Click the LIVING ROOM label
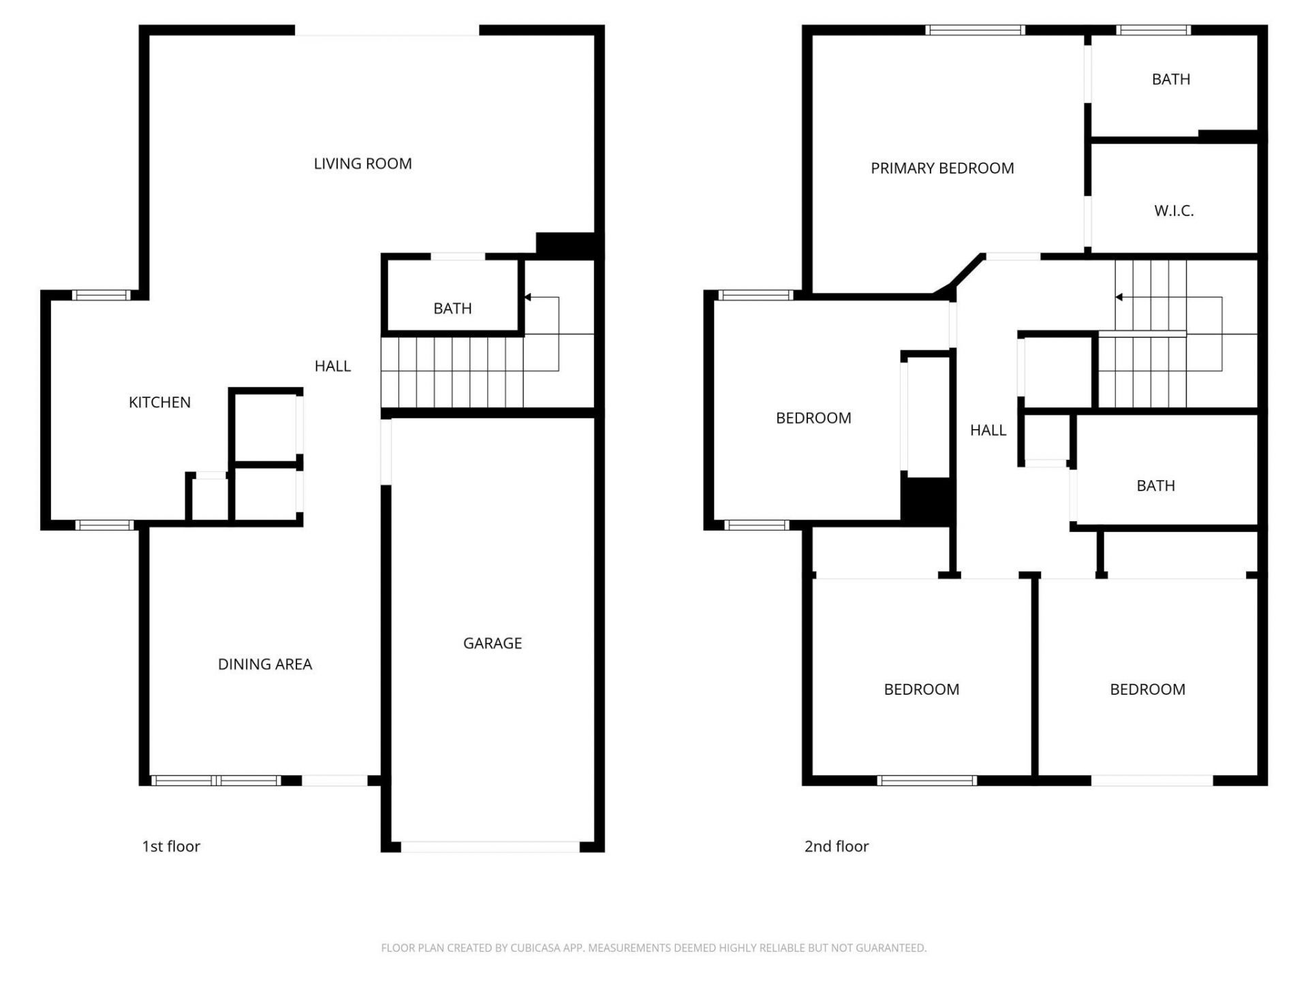tap(362, 163)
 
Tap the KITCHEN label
tap(159, 402)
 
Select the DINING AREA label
tap(264, 664)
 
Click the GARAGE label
tap(492, 643)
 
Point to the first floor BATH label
tap(452, 309)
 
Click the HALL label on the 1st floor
tap(332, 366)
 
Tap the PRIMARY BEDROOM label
tap(942, 168)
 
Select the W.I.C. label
tap(1173, 211)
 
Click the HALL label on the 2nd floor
tap(988, 430)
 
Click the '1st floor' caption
tap(171, 846)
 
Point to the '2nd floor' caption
tap(836, 846)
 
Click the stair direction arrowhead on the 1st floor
tap(528, 297)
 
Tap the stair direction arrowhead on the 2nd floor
tap(1119, 297)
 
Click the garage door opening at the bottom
tap(490, 847)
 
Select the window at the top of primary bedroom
tap(975, 30)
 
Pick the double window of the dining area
tap(215, 781)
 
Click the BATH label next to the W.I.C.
tap(1170, 80)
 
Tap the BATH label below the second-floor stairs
tap(1155, 486)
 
